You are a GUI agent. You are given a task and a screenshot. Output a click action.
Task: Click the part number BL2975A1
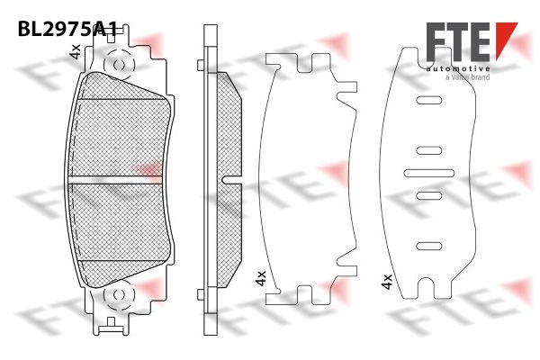67,29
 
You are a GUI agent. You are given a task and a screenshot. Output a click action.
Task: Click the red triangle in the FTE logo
506,37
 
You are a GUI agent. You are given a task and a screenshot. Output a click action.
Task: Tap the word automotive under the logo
458,69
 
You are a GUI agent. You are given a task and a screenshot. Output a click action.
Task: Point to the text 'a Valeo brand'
467,77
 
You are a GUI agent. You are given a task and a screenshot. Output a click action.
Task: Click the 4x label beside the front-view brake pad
75,51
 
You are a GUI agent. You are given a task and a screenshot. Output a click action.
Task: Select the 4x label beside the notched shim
261,278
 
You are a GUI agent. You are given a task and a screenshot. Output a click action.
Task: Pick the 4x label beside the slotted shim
387,282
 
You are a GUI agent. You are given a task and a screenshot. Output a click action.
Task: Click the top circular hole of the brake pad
119,65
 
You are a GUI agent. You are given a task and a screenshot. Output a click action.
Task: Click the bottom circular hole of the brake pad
119,295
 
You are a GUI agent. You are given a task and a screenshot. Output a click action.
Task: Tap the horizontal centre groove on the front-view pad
115,180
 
